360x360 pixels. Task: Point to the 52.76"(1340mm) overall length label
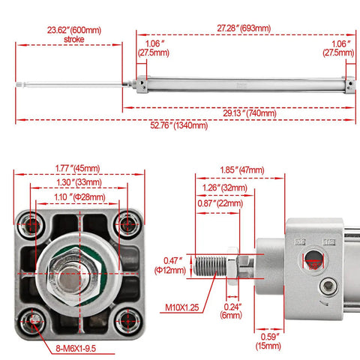pyautogui.click(x=179, y=125)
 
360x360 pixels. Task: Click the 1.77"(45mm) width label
pyautogui.click(x=77, y=168)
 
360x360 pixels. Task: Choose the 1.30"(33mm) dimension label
pyautogui.click(x=77, y=183)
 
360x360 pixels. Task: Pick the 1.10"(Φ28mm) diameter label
pyautogui.click(x=77, y=196)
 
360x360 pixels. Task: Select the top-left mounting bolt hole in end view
pyautogui.click(x=32, y=223)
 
